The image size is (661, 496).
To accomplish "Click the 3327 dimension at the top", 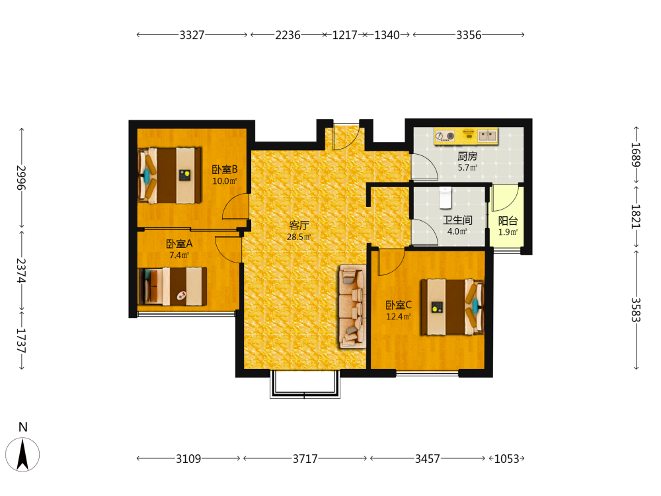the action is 192,35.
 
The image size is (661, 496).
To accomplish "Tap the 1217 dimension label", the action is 344,35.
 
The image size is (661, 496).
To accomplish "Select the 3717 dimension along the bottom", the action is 305,458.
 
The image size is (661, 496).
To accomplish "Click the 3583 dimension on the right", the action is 636,310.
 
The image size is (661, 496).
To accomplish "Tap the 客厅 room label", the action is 299,226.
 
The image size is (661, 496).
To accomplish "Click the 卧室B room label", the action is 225,169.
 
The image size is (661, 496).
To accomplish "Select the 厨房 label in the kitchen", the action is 467,157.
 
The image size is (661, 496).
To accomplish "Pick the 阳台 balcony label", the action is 508,221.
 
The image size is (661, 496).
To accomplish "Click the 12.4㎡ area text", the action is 399,317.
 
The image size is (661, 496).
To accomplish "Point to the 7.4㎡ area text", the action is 179,255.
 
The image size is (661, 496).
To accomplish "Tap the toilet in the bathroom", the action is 445,198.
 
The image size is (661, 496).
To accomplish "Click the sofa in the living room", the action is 353,306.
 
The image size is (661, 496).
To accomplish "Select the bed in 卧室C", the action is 452,307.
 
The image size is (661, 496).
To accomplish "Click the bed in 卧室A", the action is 173,286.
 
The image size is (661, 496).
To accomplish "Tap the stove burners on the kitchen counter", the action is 446,136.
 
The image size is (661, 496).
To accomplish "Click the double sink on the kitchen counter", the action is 487,136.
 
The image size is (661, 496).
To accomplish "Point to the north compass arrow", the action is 22,454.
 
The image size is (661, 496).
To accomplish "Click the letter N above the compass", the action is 22,427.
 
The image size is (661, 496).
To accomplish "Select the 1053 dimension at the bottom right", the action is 507,458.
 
